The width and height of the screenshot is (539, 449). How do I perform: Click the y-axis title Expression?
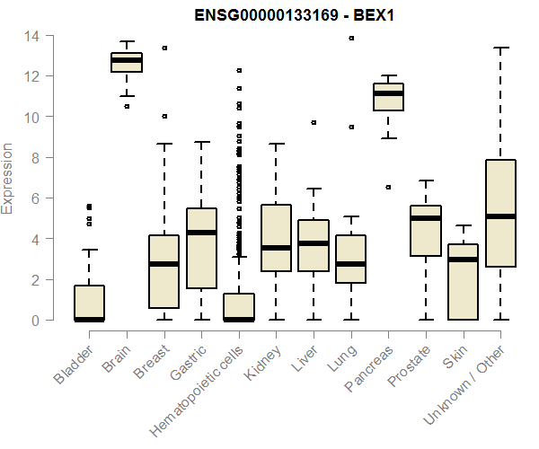click(x=9, y=178)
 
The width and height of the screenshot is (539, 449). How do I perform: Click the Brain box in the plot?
click(x=127, y=62)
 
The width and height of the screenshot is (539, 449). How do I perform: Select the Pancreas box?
click(x=389, y=97)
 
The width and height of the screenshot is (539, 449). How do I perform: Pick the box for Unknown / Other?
click(x=500, y=213)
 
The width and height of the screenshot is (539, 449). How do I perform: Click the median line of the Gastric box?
click(x=201, y=233)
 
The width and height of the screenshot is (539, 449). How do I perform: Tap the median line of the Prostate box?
click(x=426, y=218)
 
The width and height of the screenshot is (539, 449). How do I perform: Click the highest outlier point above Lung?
click(x=351, y=38)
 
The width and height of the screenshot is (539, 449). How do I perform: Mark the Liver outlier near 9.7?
click(x=314, y=122)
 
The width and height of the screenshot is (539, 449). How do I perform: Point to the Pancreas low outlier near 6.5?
click(x=389, y=187)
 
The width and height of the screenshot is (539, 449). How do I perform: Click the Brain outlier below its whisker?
click(x=127, y=106)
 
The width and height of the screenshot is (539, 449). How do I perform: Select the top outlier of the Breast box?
click(x=164, y=48)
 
